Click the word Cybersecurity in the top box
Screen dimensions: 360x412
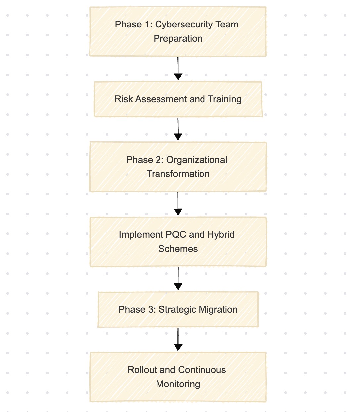tap(184, 25)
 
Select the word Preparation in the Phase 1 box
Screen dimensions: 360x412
tap(178, 39)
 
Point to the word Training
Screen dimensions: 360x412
tap(224, 99)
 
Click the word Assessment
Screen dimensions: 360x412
tap(161, 99)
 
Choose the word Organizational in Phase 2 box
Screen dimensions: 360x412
tap(197, 160)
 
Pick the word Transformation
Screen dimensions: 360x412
tap(178, 174)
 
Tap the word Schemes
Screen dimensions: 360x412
tap(178, 249)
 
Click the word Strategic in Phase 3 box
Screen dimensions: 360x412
tap(177, 310)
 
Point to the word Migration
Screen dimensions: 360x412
tap(218, 310)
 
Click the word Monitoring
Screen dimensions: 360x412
tap(178, 384)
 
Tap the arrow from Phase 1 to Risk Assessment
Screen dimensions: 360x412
tap(178, 69)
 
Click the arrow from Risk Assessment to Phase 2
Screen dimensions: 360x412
tap(178, 129)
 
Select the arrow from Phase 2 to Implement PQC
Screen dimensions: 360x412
tap(178, 204)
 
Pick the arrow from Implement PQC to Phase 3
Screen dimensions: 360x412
tap(178, 279)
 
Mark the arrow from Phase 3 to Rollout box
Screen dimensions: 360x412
tap(178, 339)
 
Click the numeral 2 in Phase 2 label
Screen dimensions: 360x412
tap(157, 160)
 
